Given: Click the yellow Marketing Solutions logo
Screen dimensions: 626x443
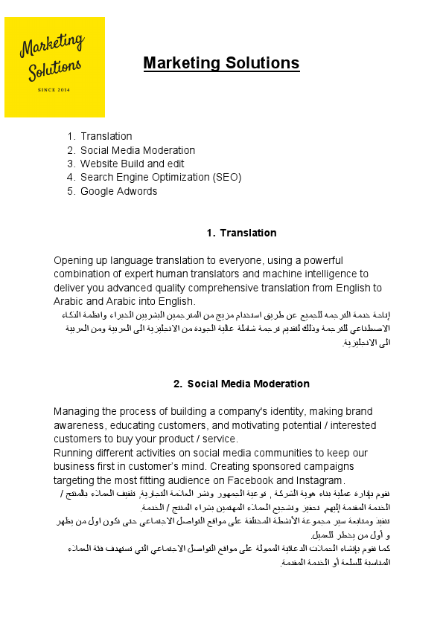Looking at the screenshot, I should [x=54, y=67].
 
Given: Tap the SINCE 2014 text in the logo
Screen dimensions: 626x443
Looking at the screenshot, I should [x=54, y=90].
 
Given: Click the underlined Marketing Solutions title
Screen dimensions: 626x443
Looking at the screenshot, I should [x=221, y=63].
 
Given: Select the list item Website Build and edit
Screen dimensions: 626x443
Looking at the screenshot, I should [x=132, y=164].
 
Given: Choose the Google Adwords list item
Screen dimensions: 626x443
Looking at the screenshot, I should [x=118, y=191].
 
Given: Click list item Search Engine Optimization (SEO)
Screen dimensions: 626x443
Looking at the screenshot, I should [x=161, y=177].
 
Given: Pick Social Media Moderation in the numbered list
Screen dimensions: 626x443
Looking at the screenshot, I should [x=138, y=150].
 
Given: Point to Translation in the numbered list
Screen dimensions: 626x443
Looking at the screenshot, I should [x=106, y=136].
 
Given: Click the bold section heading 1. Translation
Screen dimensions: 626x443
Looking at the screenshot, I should [x=241, y=233].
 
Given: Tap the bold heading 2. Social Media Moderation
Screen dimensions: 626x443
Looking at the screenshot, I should [x=241, y=384].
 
